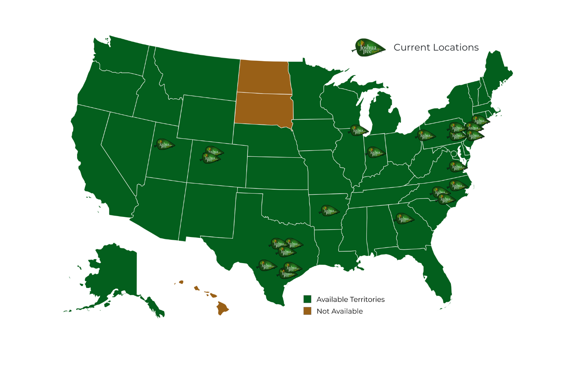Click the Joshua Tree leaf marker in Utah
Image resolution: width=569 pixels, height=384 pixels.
click(x=165, y=145)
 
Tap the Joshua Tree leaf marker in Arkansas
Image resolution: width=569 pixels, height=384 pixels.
click(x=329, y=211)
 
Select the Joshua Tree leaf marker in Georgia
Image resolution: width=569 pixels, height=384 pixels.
click(x=404, y=218)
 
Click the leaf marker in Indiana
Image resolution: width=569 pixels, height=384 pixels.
click(x=375, y=152)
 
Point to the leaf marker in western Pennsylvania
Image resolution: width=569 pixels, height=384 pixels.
click(x=426, y=136)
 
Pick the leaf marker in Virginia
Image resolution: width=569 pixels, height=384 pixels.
click(x=457, y=166)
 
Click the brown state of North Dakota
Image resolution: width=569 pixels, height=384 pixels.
click(x=264, y=77)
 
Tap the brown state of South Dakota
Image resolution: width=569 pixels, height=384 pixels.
click(x=264, y=109)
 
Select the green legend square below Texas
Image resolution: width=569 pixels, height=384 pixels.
click(x=307, y=299)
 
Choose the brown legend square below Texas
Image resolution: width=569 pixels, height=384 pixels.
click(x=307, y=311)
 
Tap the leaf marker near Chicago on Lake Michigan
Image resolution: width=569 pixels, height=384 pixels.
click(x=358, y=130)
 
